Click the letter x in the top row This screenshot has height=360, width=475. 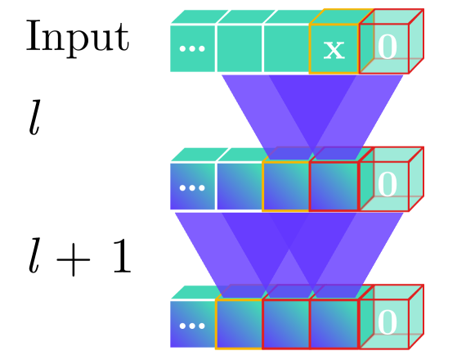[x=334, y=49]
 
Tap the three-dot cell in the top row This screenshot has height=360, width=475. [x=192, y=49]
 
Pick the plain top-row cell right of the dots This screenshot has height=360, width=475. [x=240, y=49]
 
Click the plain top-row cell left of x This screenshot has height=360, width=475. [x=286, y=49]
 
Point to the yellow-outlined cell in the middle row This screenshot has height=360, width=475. [x=286, y=187]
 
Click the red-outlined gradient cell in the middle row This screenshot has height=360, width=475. [x=334, y=187]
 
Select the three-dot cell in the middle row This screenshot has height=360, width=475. [x=192, y=187]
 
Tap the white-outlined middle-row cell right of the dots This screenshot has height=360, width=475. [x=240, y=187]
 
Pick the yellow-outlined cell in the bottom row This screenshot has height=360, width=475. [x=240, y=324]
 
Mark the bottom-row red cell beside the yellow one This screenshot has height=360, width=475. [x=286, y=324]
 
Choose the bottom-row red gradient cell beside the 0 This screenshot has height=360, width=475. [x=334, y=324]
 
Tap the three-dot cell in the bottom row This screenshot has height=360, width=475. [x=192, y=324]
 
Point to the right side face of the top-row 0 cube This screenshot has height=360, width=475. [x=416, y=42]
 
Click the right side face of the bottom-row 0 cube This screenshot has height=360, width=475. [x=416, y=317]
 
